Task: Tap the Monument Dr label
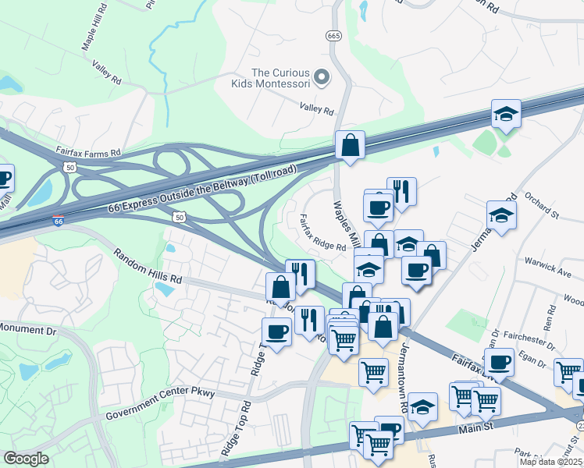click(x=29, y=331)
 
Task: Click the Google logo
click(x=26, y=459)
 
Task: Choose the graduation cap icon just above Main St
click(x=422, y=406)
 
